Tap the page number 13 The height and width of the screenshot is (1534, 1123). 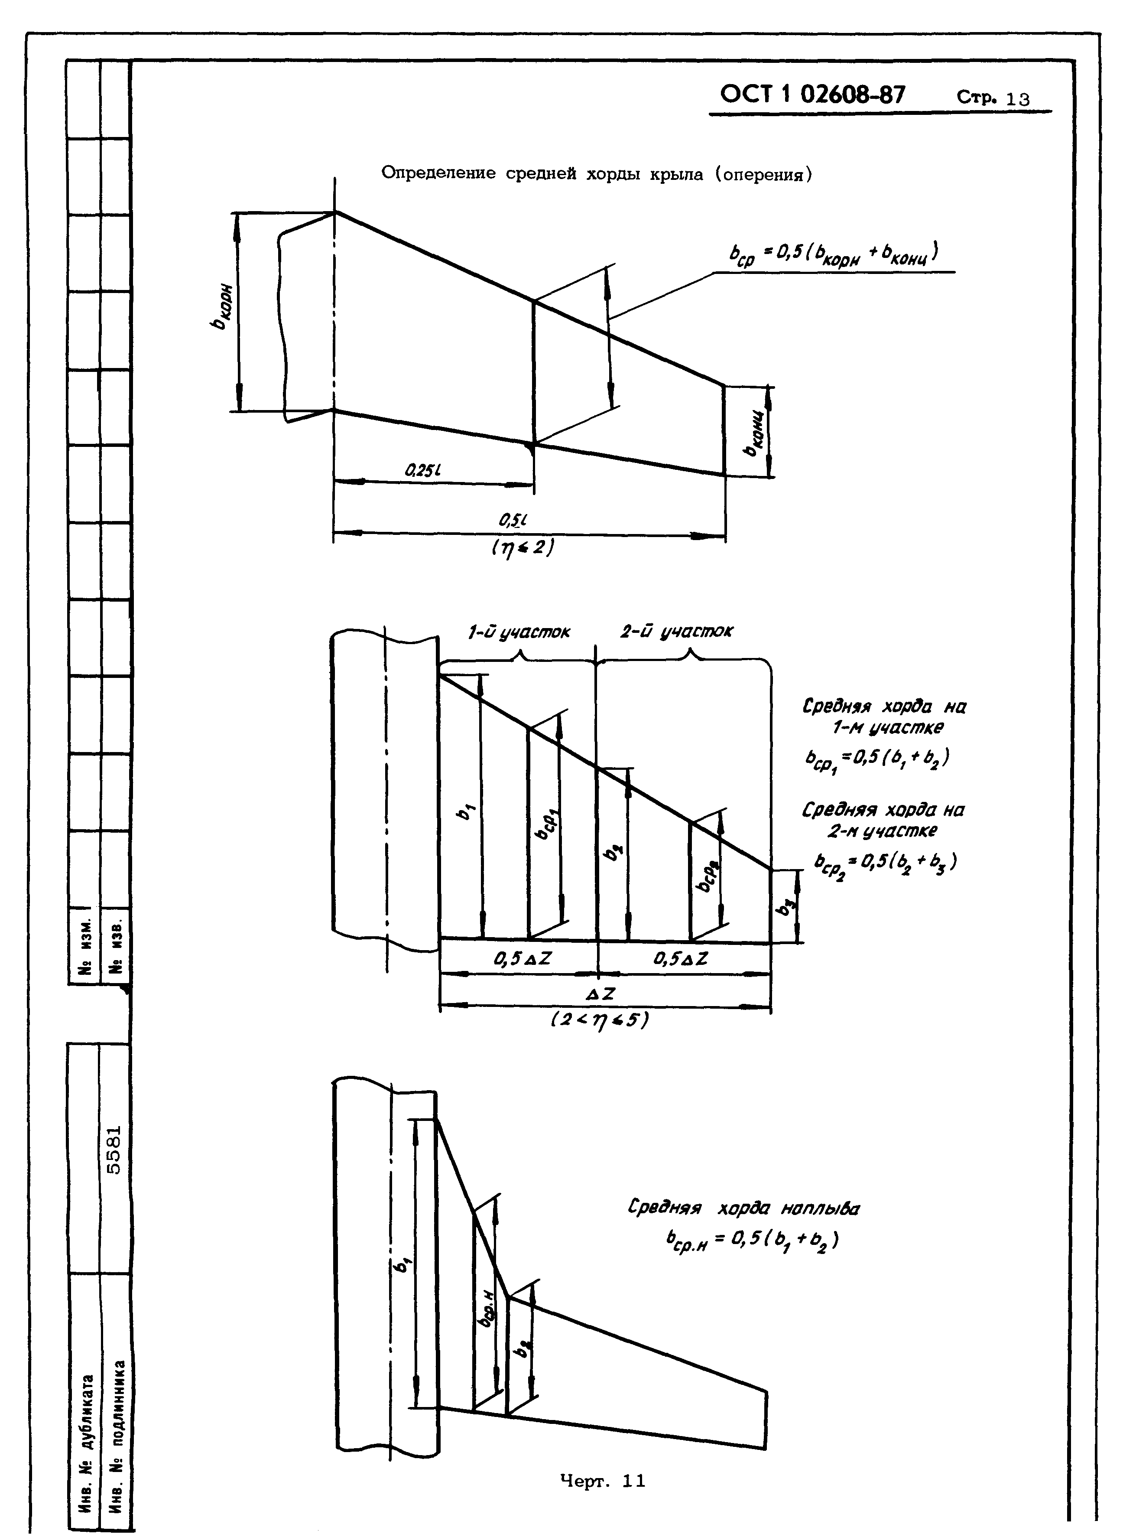(x=1018, y=99)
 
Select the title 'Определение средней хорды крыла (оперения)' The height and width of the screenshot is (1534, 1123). (x=597, y=174)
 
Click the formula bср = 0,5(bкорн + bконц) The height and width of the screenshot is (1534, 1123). (x=833, y=254)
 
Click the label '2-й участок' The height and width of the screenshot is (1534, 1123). (x=676, y=632)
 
